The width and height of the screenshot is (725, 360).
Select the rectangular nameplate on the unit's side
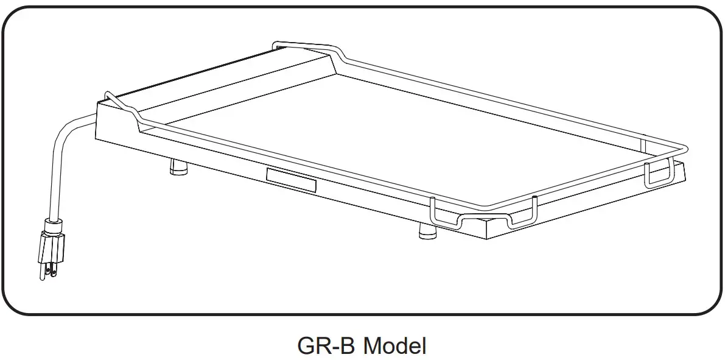(292, 181)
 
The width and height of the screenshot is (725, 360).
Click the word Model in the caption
(394, 346)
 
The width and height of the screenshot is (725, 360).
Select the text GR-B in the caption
(326, 346)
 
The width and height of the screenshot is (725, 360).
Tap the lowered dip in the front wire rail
(484, 219)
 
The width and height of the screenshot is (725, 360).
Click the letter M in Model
(372, 346)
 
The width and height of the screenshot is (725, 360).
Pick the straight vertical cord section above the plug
(54, 183)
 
